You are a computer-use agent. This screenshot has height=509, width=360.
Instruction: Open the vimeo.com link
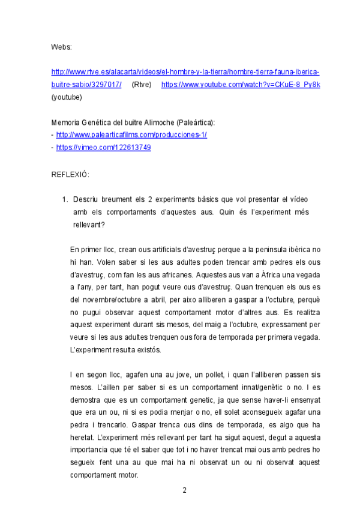point(103,148)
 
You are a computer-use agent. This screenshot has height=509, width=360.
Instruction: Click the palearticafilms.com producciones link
point(131,135)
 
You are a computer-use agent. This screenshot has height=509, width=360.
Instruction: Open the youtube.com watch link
point(241,85)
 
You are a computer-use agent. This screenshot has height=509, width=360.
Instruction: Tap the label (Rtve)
point(142,85)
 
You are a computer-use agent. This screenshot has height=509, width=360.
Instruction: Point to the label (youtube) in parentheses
point(67,97)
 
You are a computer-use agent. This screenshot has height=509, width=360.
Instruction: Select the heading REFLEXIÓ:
point(70,174)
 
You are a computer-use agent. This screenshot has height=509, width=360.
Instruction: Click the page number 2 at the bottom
point(185,490)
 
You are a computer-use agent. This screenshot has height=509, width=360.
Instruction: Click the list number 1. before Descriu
point(66,199)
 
